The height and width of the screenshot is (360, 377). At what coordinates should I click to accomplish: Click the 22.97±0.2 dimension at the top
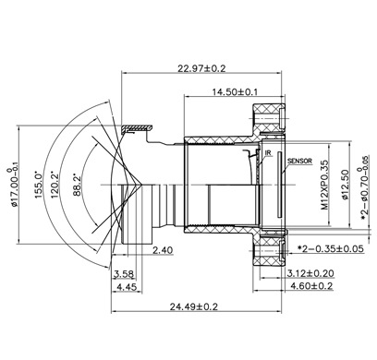tap(201, 68)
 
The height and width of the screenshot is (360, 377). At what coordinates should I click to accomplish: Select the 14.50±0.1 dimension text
tap(235, 91)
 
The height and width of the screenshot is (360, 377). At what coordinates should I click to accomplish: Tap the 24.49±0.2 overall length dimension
tap(194, 306)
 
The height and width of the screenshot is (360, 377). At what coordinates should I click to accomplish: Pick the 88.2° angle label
tap(77, 186)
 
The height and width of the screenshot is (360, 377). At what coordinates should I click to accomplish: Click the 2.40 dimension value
tap(163, 250)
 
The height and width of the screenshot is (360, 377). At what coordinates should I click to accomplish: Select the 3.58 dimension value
tap(124, 274)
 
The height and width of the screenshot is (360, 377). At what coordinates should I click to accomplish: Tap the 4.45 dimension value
tap(127, 287)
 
